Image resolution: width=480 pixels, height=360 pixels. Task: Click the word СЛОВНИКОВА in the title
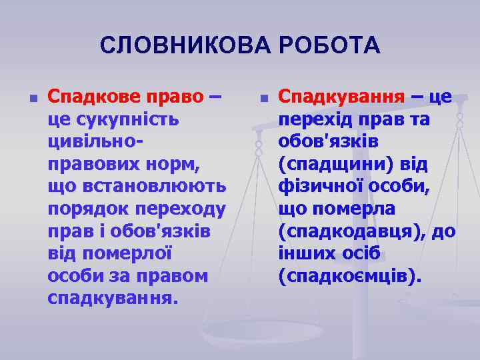click(175, 45)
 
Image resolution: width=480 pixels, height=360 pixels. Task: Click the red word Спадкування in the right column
click(341, 97)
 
